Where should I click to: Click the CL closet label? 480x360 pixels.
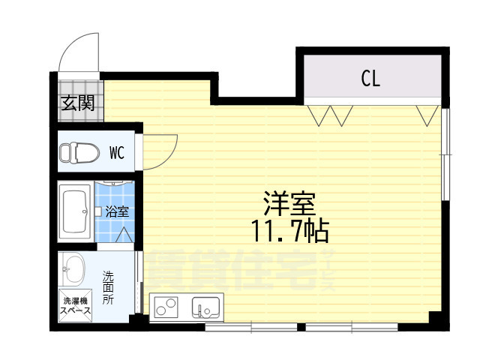370,78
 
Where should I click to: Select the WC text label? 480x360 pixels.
116,153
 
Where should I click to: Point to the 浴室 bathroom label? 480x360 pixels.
116,211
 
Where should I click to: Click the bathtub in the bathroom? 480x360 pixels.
76,211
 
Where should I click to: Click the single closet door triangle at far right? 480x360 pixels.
428,115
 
